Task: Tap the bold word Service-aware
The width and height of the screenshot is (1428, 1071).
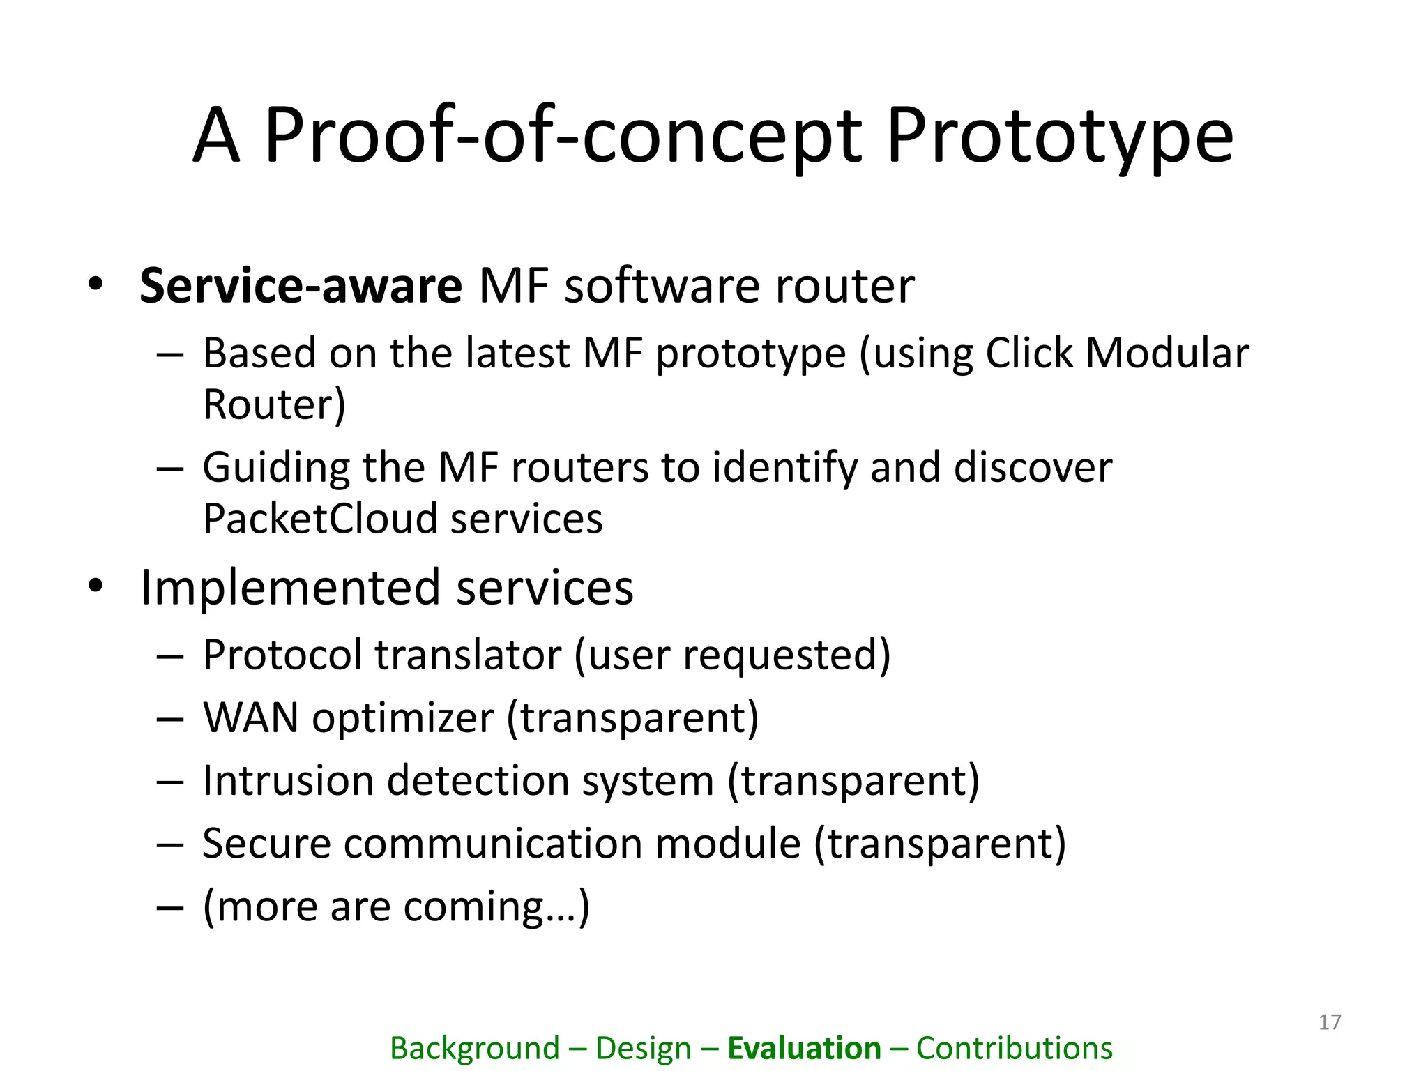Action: click(301, 286)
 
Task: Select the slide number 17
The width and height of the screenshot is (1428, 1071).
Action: click(1330, 1022)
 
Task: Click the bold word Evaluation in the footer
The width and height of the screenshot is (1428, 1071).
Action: click(804, 1049)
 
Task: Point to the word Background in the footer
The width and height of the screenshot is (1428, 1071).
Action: click(474, 1049)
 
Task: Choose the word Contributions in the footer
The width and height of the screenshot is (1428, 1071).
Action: click(1014, 1049)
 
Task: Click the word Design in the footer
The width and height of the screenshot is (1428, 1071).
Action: click(643, 1049)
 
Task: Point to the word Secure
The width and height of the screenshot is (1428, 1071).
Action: click(266, 843)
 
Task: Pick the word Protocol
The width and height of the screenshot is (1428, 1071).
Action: click(282, 655)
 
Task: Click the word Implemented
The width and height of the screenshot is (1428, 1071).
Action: click(290, 587)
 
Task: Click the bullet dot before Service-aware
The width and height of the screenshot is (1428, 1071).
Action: click(96, 284)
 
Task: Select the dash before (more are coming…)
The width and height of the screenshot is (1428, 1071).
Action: click(169, 908)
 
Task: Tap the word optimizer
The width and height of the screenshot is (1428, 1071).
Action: click(402, 717)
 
